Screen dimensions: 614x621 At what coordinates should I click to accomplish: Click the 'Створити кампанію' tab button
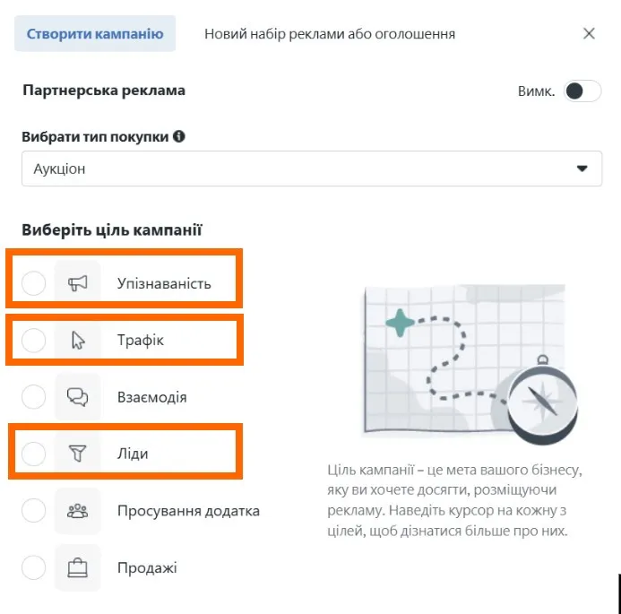(x=95, y=34)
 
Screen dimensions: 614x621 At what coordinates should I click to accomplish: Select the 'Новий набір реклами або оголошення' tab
(x=330, y=34)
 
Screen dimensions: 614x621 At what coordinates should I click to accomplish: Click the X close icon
(x=589, y=34)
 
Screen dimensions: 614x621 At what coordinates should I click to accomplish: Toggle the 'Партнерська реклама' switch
(x=582, y=91)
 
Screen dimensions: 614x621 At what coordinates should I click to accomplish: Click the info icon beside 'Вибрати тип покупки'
(x=179, y=137)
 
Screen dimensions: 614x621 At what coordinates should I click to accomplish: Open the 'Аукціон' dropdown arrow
(x=582, y=169)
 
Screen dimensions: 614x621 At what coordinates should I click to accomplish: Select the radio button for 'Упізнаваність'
(x=33, y=284)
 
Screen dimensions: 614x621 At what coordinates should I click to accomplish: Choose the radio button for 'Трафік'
(x=33, y=341)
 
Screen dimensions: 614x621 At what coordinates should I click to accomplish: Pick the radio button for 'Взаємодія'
(x=33, y=397)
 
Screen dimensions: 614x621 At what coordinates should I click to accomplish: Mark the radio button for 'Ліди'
(x=33, y=454)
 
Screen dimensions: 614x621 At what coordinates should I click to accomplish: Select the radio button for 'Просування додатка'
(x=33, y=511)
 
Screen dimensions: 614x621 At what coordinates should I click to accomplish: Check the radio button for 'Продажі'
(x=33, y=567)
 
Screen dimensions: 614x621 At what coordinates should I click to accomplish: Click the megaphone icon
(x=78, y=284)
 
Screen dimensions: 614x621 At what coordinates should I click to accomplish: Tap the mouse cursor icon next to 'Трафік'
(x=78, y=341)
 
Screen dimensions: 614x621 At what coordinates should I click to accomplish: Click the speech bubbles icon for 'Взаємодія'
(x=78, y=397)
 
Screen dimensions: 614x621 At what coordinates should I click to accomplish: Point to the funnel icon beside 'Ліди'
(x=78, y=454)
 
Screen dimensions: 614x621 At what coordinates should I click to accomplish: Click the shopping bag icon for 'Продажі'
(x=78, y=567)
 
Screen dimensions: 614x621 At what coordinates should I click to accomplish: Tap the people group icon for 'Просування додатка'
(x=78, y=511)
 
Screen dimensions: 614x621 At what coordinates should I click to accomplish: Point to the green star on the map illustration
(x=400, y=322)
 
